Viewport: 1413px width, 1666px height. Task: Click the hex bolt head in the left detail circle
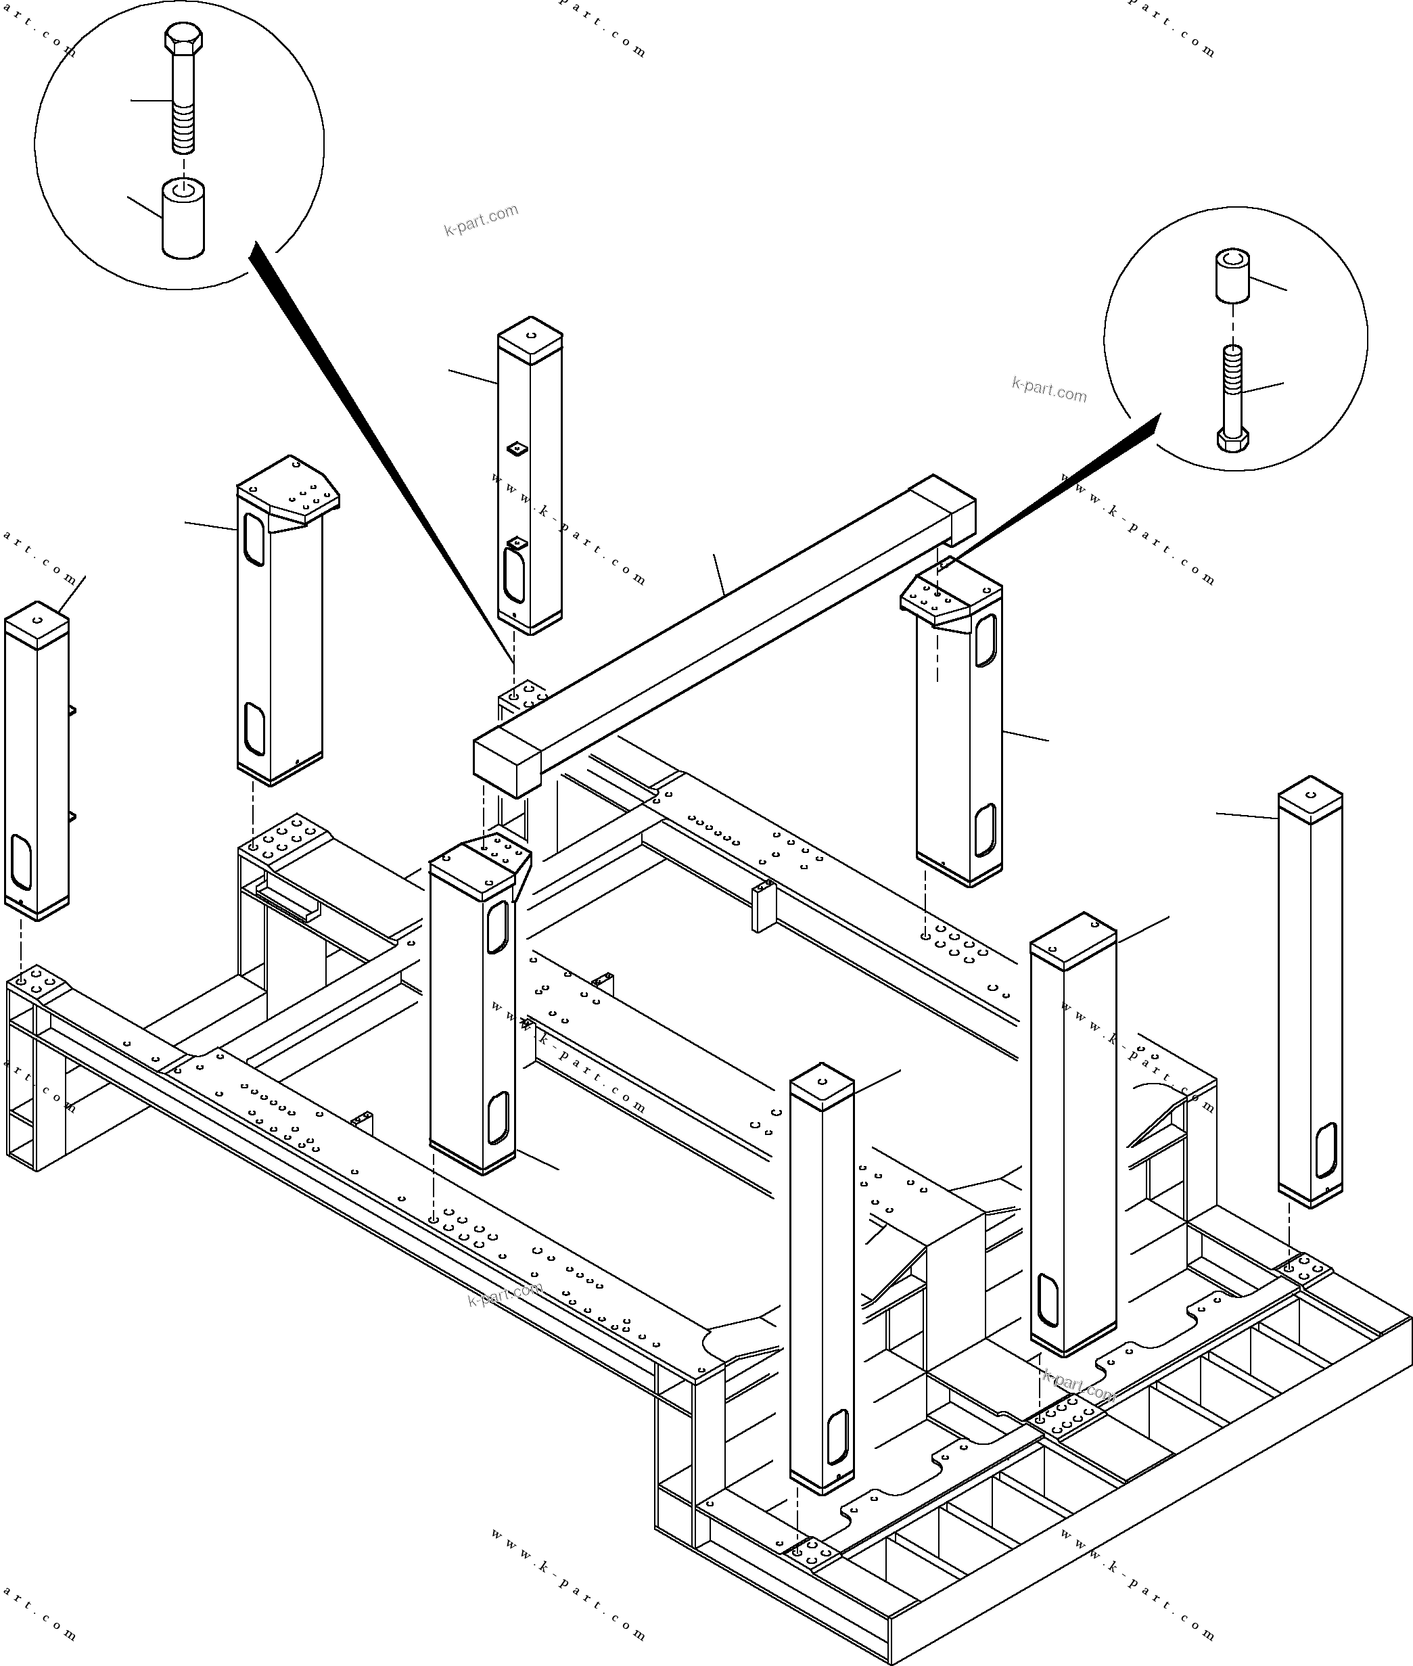(183, 38)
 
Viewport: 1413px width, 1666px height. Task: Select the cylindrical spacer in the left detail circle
(183, 221)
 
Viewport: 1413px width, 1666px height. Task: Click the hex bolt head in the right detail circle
(1233, 439)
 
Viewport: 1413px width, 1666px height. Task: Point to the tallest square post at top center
(529, 480)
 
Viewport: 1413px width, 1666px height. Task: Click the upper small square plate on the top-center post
(518, 448)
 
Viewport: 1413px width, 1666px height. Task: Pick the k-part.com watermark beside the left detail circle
(482, 219)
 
